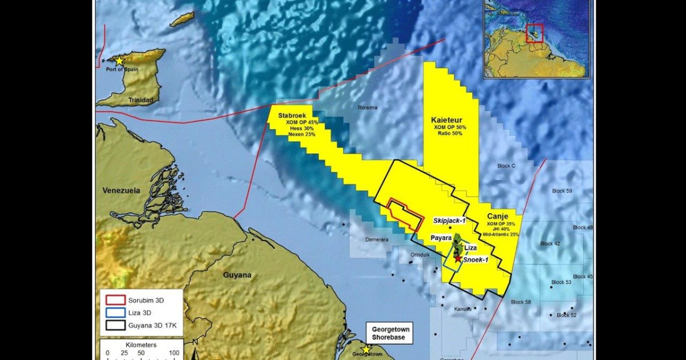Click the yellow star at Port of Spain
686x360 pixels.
[x=119, y=61]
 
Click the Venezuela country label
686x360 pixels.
[x=121, y=190]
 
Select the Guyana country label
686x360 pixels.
[x=236, y=275]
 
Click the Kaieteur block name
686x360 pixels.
[x=449, y=119]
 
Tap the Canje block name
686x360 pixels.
[x=497, y=216]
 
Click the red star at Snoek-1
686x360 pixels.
[x=458, y=259]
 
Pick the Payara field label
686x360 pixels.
[x=441, y=237]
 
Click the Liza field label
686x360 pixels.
[x=470, y=248]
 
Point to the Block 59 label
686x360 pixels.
[x=563, y=190]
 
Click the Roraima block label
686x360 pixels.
[x=368, y=107]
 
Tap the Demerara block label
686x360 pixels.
[x=377, y=239]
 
